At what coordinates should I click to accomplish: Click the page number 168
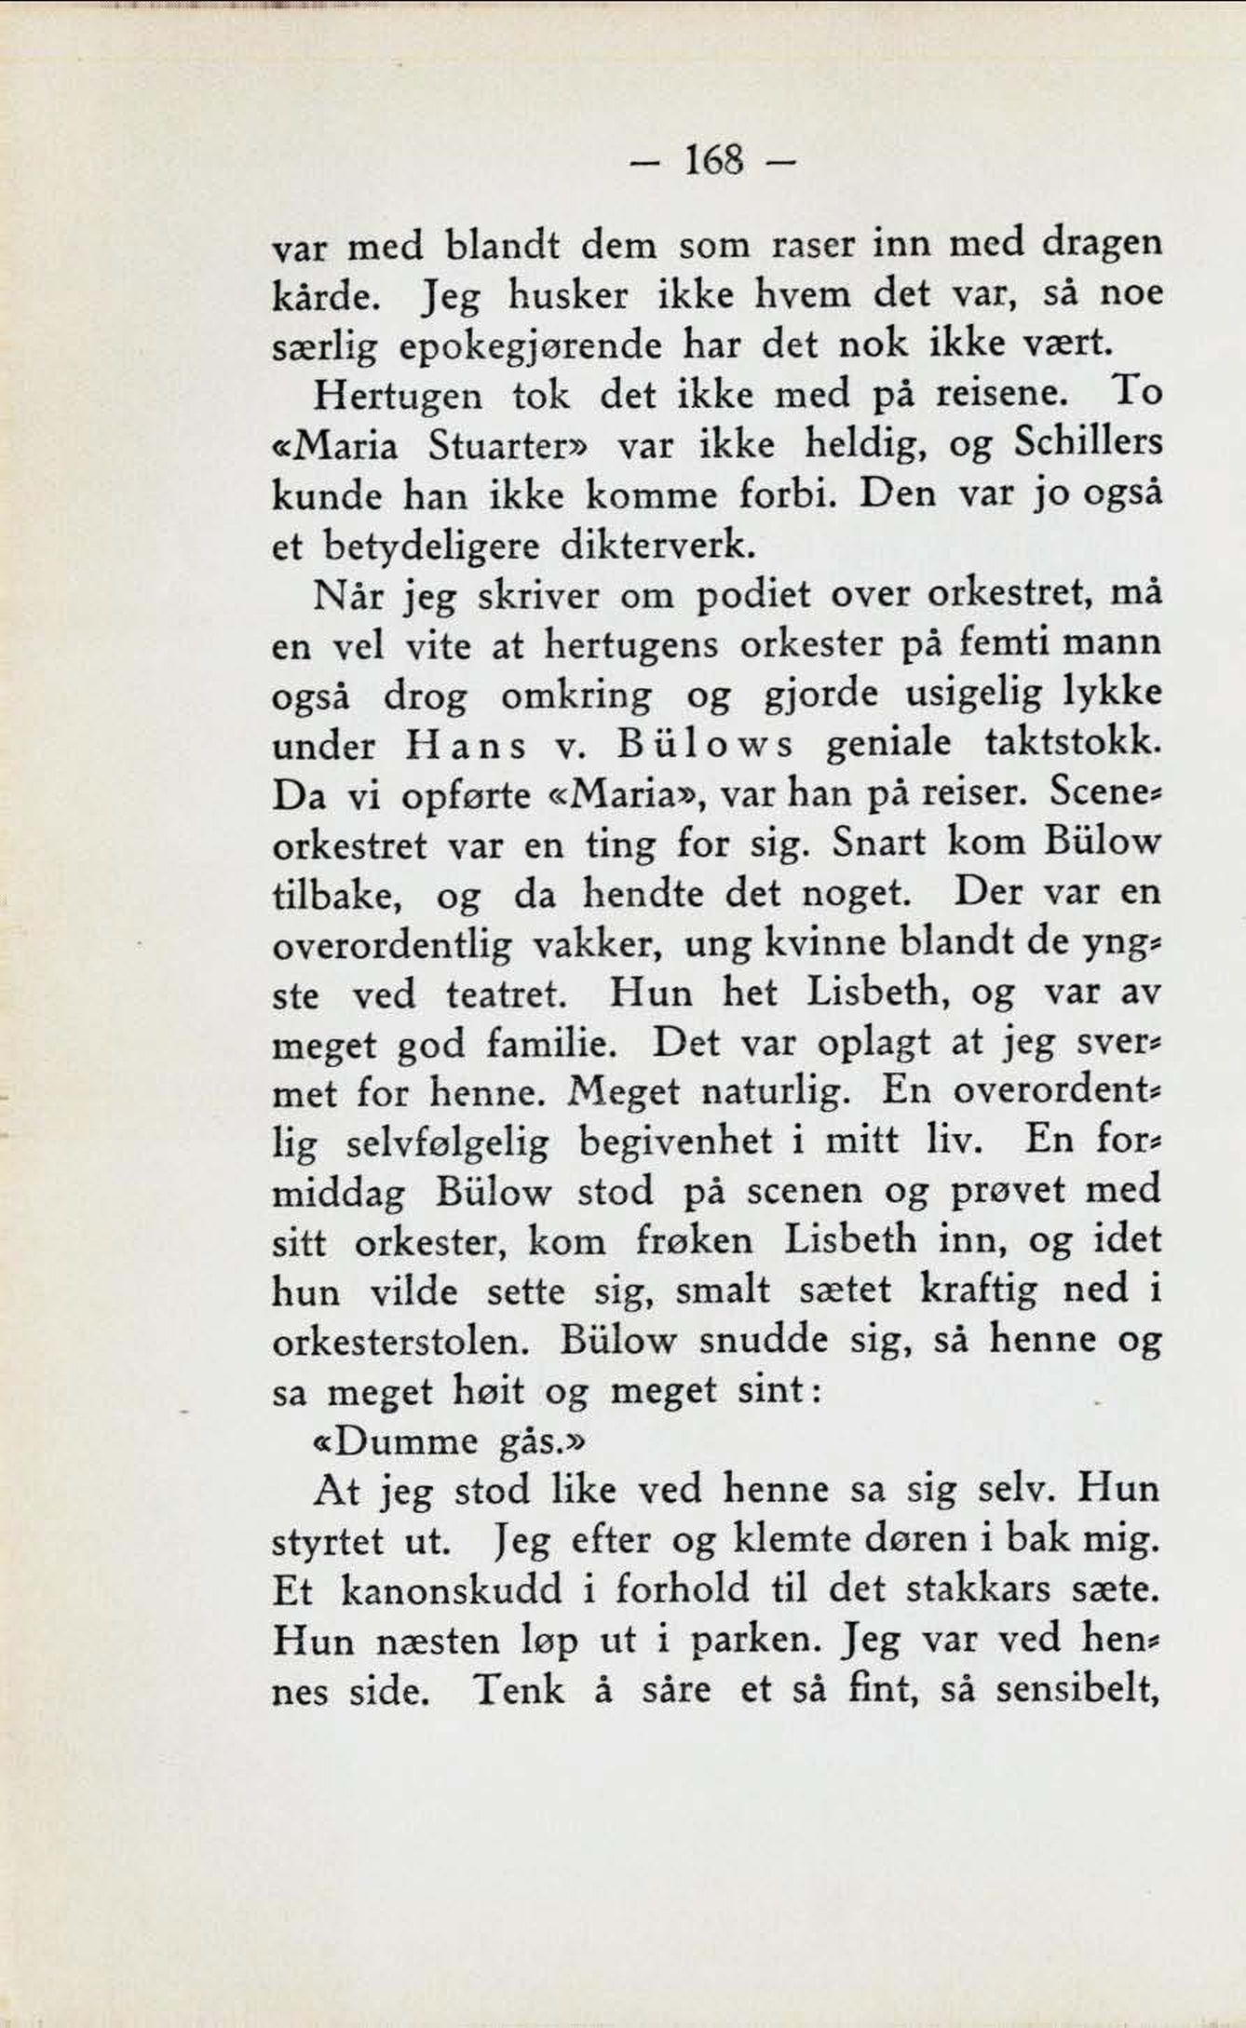(x=714, y=162)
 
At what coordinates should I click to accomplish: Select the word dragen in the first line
(x=1102, y=244)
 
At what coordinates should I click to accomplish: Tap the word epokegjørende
(x=531, y=346)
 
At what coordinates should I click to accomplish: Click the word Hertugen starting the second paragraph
(x=398, y=396)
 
